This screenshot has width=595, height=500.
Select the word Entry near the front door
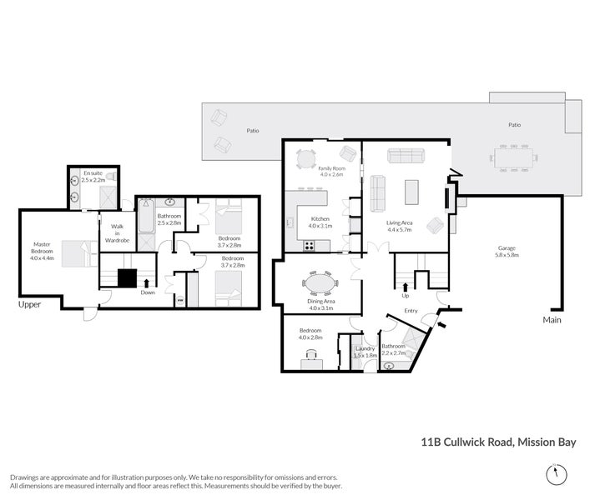tap(411, 311)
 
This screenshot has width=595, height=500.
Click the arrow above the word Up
tap(406, 286)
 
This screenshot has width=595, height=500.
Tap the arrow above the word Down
tap(147, 283)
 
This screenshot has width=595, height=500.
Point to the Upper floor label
tap(30, 305)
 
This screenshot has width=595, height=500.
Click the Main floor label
tap(552, 319)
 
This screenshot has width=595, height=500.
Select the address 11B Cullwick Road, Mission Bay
tap(499, 442)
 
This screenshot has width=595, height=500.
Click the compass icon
tap(552, 475)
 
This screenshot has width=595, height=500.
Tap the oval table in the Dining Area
tap(321, 284)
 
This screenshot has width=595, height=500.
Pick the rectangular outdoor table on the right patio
tap(512, 157)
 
